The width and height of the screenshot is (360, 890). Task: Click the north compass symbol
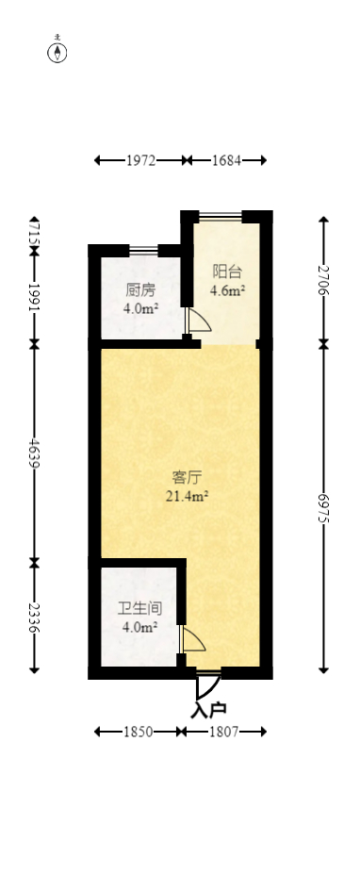coord(58,52)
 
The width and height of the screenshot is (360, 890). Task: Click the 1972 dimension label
coord(140,160)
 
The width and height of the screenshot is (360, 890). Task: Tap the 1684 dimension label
coord(226,160)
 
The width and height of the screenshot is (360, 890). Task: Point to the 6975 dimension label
coord(323,506)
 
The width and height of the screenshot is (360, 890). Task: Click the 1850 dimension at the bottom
coord(137,732)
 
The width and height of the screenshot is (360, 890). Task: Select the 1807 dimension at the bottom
coord(222,732)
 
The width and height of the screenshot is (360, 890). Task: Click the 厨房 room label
coord(140,290)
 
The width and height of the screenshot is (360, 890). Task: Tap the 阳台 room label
coord(227,272)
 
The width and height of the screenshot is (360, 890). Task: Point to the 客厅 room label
coord(188,477)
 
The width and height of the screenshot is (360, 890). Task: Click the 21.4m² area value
coord(188,496)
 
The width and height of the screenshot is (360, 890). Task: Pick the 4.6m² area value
coord(227,291)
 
